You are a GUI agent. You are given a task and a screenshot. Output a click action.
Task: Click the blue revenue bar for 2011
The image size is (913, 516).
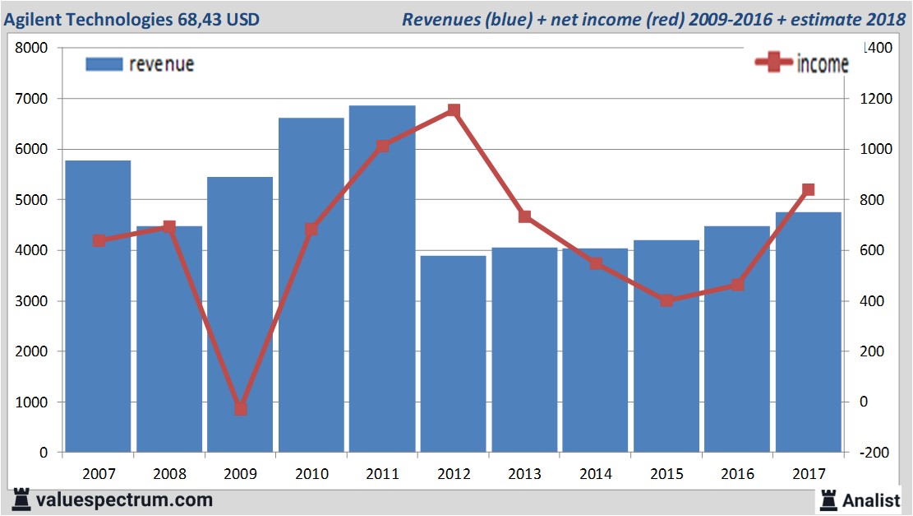(x=382, y=280)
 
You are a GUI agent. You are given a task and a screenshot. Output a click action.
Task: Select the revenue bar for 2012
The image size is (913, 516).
(x=453, y=354)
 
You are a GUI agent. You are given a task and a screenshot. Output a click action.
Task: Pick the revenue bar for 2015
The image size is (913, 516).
(x=666, y=346)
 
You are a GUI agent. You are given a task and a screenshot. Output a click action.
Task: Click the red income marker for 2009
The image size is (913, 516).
(x=240, y=409)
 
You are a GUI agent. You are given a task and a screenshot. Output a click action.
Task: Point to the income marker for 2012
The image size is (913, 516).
(x=454, y=110)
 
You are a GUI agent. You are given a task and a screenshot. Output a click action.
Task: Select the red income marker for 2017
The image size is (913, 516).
(x=808, y=189)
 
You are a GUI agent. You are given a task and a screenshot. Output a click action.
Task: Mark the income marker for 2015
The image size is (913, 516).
(x=666, y=300)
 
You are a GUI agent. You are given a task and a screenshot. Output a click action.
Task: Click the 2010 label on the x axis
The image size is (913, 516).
(x=311, y=474)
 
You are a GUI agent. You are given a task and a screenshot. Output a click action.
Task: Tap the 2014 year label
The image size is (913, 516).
(x=595, y=474)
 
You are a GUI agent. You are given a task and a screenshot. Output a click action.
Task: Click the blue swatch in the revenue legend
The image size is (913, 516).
(x=104, y=64)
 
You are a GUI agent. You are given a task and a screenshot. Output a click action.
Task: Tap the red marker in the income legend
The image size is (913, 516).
(x=773, y=63)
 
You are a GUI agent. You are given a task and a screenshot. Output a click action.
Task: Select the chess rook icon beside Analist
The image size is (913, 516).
(x=828, y=500)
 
